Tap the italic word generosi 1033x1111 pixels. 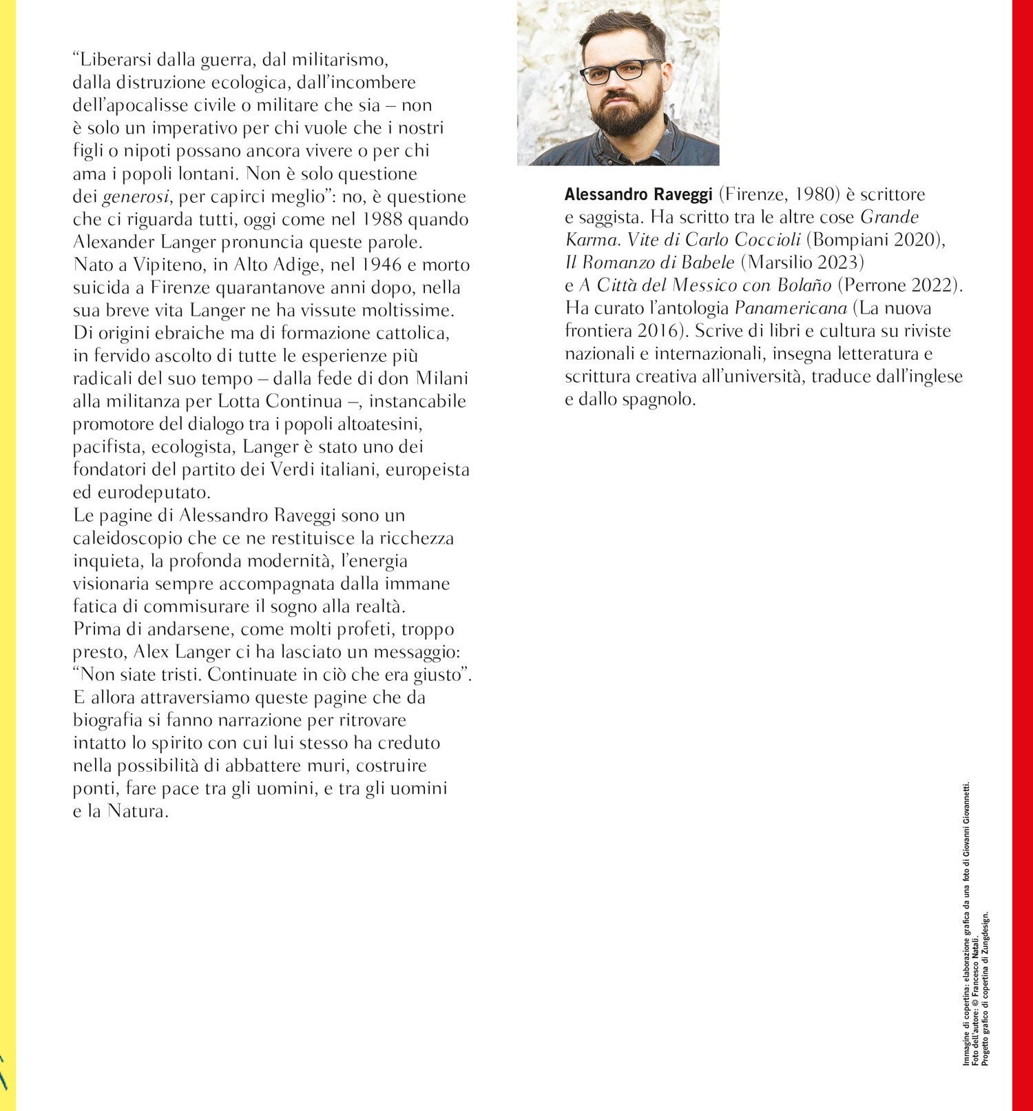point(136,197)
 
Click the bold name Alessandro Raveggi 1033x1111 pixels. point(638,195)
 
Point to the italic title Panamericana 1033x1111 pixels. point(791,309)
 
